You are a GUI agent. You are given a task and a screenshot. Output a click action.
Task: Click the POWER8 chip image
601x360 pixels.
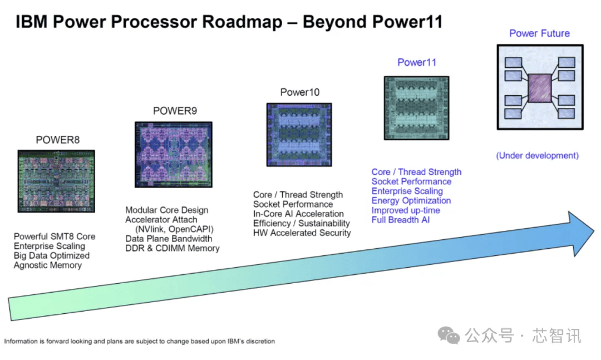(x=56, y=181)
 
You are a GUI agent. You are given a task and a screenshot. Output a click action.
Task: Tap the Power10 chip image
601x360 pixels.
(x=299, y=135)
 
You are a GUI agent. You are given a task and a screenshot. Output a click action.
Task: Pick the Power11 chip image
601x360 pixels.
(x=416, y=108)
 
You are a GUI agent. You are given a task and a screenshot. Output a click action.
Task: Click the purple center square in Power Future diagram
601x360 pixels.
(x=539, y=88)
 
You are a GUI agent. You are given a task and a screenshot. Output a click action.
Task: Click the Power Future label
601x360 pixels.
(x=539, y=33)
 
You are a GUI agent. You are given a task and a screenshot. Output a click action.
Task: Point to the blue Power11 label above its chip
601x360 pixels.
(x=416, y=62)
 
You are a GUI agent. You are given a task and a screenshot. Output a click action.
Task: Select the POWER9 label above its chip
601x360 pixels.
(x=175, y=111)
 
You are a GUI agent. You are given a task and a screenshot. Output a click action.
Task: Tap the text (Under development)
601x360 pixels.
(x=537, y=156)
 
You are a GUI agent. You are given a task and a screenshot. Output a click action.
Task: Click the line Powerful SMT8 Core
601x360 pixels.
(x=55, y=236)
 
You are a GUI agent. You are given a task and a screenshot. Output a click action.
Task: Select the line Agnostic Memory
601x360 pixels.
(x=48, y=265)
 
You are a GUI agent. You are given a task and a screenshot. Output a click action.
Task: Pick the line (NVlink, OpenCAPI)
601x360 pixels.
(x=174, y=229)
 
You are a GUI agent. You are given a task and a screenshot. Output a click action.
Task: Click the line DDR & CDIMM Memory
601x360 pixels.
(x=173, y=248)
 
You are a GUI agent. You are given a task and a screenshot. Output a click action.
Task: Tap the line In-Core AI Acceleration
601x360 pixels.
(x=298, y=214)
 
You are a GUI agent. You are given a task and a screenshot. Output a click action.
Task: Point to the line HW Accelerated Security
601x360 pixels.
(x=302, y=233)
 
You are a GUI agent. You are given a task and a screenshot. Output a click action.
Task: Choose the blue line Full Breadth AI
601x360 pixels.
(x=401, y=220)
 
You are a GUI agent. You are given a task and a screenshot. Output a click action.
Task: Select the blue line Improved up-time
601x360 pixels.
(x=406, y=210)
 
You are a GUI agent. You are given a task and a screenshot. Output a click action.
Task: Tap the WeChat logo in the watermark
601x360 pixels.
(x=449, y=335)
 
